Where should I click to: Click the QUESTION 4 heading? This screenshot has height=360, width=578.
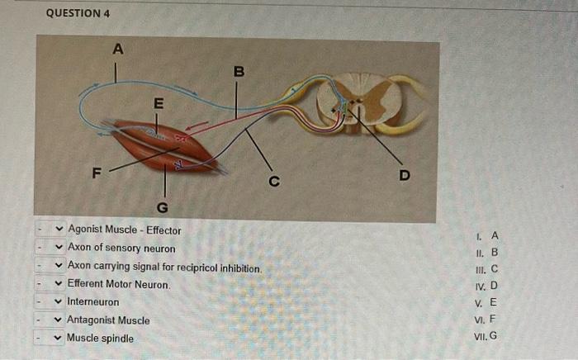coord(78,14)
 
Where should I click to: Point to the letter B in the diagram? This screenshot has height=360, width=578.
coord(238,73)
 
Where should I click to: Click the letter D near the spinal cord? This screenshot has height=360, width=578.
coord(405,175)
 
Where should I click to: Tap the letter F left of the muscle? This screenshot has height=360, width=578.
coord(97,174)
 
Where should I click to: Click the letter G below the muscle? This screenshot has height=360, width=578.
coord(162,206)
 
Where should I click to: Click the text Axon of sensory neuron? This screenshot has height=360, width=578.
coord(121,249)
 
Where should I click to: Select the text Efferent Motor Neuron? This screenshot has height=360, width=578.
coord(118,284)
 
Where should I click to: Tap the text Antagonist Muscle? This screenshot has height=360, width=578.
coord(108,320)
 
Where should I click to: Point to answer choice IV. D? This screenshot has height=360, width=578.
coord(486,287)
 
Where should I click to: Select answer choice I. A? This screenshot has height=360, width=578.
coord(487,235)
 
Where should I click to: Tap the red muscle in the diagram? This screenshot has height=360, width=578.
coord(161,144)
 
